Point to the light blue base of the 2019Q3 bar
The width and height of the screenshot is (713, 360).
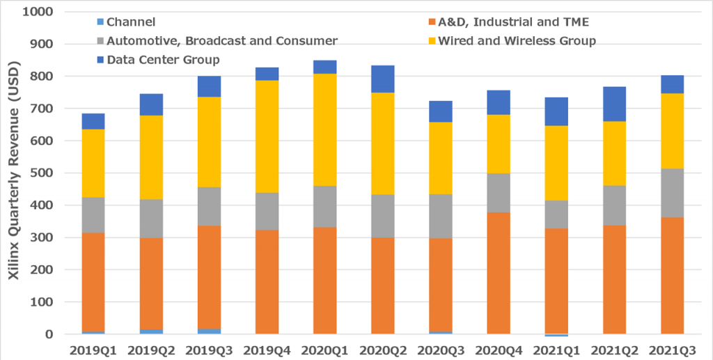click(209, 331)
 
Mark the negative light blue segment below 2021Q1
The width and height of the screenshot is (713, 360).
click(556, 335)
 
